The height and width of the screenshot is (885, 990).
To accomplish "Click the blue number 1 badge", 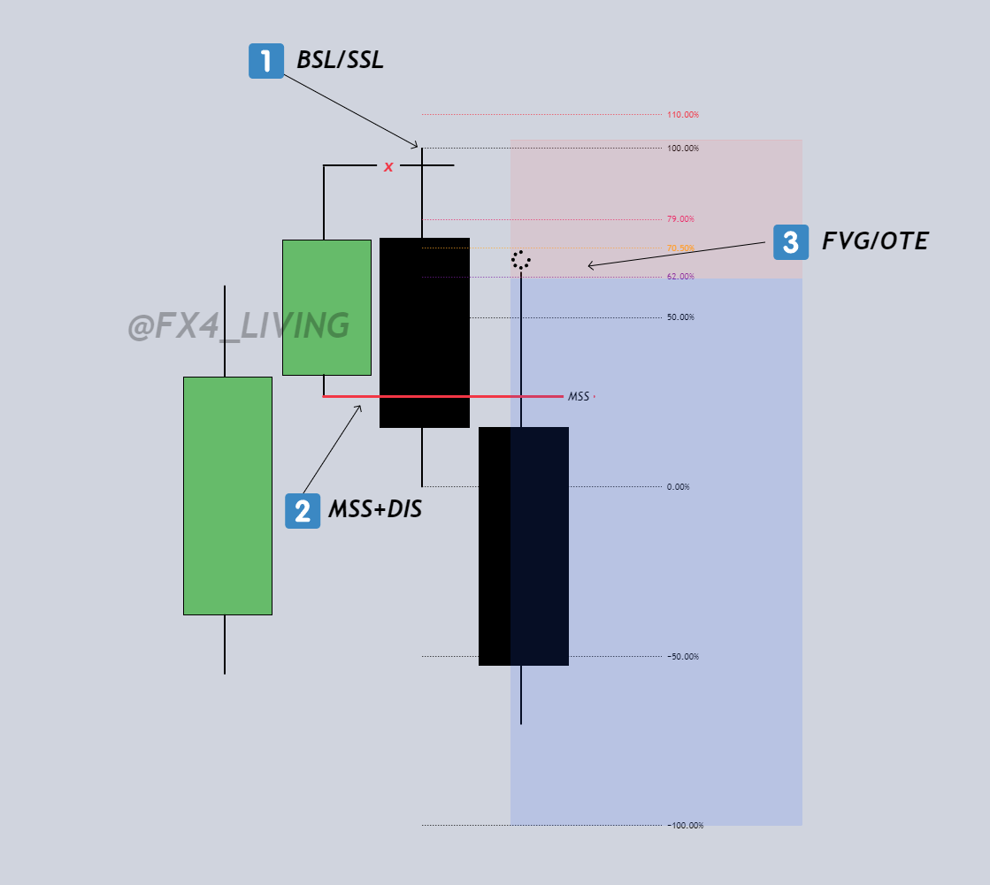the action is (x=265, y=61).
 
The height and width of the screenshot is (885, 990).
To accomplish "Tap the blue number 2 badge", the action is (x=303, y=511).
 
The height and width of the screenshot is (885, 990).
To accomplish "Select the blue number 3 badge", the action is (x=791, y=242).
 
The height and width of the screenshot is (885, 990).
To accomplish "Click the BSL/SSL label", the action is (x=340, y=61).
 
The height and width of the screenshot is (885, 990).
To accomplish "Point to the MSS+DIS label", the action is (x=374, y=510).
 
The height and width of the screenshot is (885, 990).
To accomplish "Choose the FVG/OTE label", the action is (x=875, y=241).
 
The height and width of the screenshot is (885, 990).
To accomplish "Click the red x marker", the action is (x=388, y=166).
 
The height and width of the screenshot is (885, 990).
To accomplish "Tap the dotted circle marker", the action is (x=520, y=260).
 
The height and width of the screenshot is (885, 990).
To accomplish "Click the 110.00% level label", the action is (x=682, y=115).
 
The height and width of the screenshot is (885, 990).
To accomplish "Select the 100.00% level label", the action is (x=682, y=149).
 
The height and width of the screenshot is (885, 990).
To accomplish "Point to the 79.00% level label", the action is (x=680, y=219).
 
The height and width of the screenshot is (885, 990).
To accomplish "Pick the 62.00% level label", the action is (x=680, y=277).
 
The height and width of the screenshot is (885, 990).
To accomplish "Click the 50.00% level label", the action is (x=680, y=317).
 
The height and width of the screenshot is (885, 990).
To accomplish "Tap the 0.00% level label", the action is (x=678, y=487).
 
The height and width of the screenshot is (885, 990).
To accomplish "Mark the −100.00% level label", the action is (x=685, y=826).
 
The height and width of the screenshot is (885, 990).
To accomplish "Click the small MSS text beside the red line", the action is (x=579, y=397).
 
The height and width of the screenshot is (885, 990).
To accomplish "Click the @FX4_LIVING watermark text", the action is (x=239, y=326).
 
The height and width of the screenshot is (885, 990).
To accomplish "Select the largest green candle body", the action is (x=227, y=495).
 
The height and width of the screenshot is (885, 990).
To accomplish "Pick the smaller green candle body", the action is (x=326, y=307).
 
